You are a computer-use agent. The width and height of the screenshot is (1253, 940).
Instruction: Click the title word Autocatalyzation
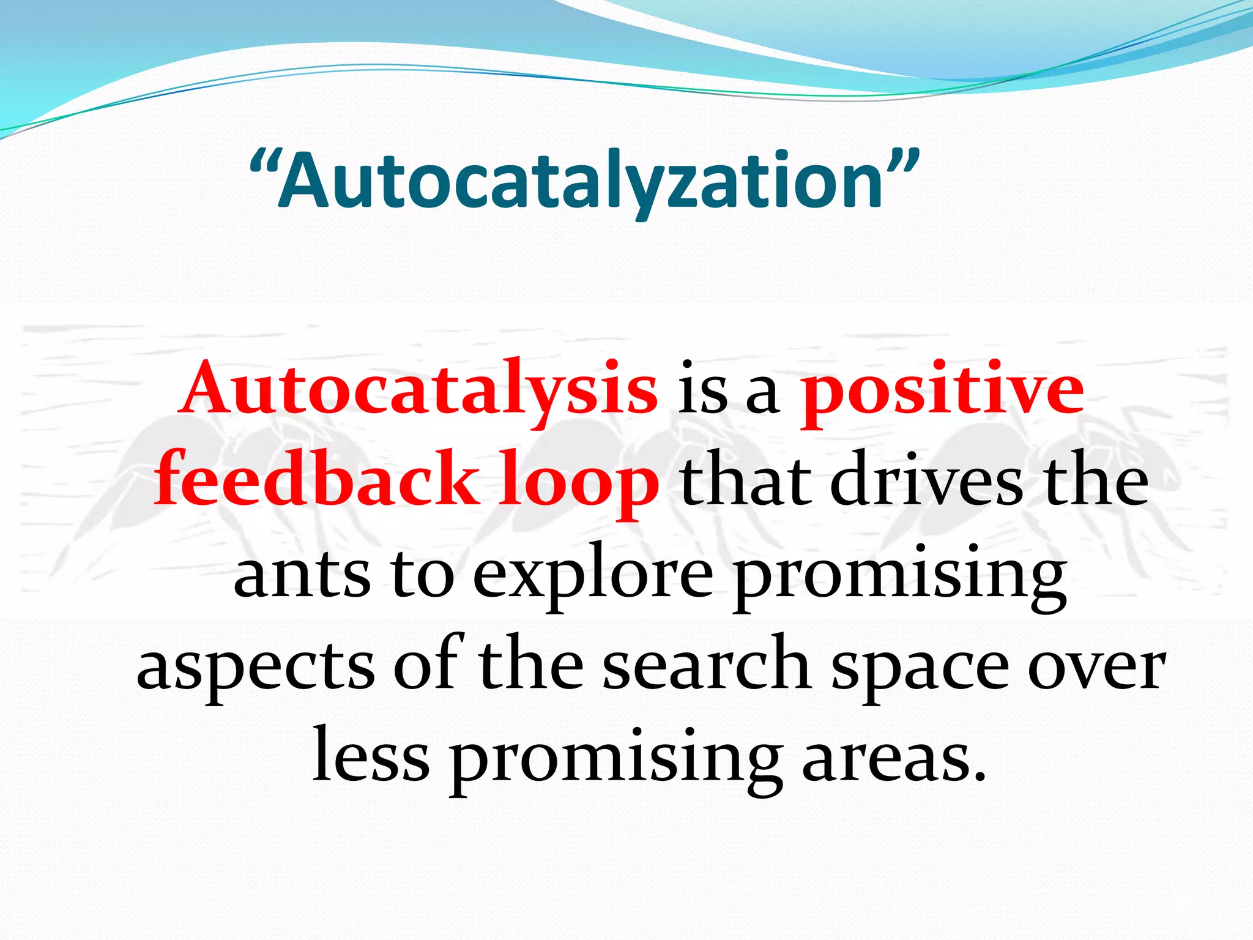(x=584, y=182)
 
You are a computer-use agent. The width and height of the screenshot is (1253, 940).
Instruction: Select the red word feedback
(x=316, y=479)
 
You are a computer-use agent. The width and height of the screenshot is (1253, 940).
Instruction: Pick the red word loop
(x=579, y=483)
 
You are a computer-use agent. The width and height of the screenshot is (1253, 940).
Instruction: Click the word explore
(x=593, y=575)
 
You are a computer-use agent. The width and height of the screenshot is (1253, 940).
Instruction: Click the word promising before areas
(x=615, y=762)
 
